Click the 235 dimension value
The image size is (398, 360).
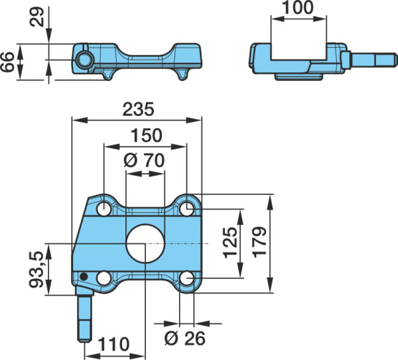click(139, 109)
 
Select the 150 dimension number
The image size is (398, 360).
click(147, 135)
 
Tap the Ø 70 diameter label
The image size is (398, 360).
click(144, 160)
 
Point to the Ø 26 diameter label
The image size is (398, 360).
click(184, 338)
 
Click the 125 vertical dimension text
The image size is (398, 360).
click(230, 243)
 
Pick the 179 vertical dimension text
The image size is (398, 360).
click(259, 242)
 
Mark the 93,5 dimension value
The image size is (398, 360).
click(36, 269)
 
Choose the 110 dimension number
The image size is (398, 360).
click(113, 344)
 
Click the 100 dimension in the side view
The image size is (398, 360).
click(298, 7)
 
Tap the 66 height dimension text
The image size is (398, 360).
click(7, 62)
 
